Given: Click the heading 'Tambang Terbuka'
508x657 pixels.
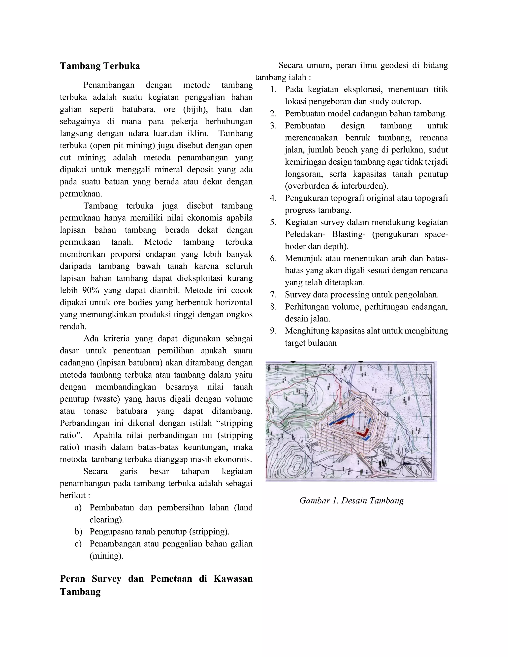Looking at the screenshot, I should tap(100, 66).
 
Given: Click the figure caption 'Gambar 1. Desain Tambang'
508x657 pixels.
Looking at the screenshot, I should tap(351, 501).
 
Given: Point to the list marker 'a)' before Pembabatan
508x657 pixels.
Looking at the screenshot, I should tap(78, 508).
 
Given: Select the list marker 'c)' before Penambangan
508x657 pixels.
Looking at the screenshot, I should tap(78, 544).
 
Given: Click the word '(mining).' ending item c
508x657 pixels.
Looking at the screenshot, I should tap(106, 556).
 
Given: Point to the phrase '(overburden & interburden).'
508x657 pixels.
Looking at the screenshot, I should tap(336, 186).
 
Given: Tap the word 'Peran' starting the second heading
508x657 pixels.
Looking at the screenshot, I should tap(72, 578).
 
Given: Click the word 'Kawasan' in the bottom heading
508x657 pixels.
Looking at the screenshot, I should tap(233, 578).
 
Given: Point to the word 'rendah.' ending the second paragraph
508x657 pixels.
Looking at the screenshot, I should tap(73, 327).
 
